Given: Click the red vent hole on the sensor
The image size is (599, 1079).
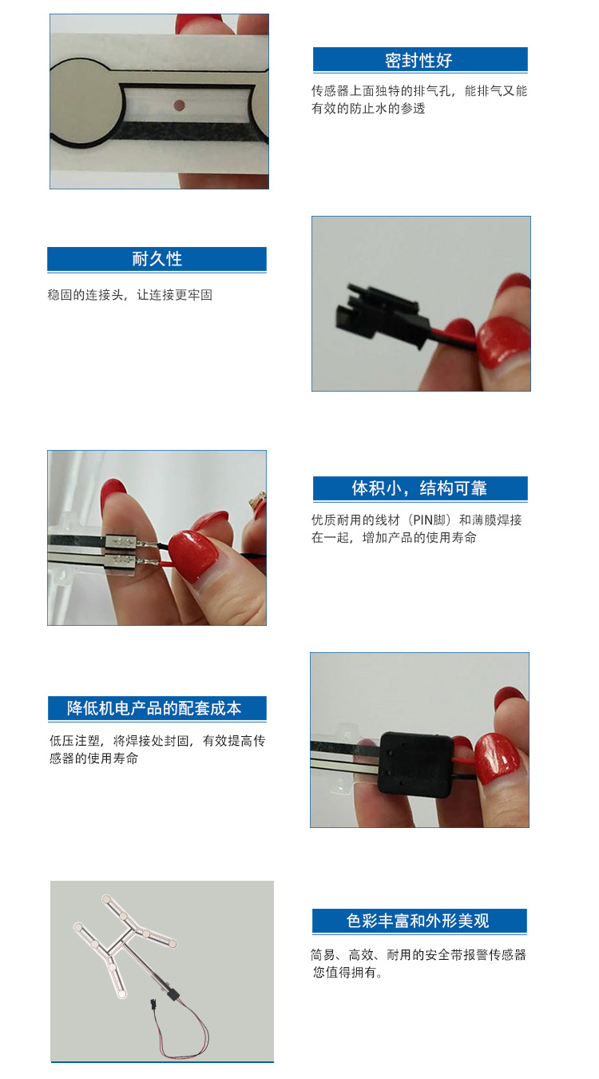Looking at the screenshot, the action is coord(178,105).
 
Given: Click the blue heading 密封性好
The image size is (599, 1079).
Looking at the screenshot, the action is coord(419,61).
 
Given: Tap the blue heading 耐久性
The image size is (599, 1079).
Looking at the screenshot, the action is coord(157,259).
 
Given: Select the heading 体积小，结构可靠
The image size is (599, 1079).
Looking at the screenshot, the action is coord(419,488).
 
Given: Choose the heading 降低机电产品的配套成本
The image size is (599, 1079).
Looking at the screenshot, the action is coord(154,708).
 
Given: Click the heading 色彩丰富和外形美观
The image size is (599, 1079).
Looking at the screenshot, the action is coord(418,921).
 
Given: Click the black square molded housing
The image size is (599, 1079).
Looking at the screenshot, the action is coord(415,762).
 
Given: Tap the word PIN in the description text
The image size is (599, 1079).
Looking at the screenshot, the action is coord(422,520).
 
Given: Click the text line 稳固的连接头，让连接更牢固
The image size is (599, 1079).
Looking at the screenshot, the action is coord(130,295).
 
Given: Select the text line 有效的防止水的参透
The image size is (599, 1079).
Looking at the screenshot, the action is coord(368,109).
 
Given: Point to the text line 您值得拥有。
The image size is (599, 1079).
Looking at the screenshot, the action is coord(347,973).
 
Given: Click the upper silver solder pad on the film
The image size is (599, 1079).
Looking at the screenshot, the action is coord(121,543).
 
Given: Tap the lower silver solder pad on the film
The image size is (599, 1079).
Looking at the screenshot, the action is coord(121,559).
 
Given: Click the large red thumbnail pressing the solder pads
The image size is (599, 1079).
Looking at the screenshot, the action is coord(192,555).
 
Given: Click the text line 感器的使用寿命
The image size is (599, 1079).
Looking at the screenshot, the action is coord(94,758).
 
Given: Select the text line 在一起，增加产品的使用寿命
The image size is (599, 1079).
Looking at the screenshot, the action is coord(394,538).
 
